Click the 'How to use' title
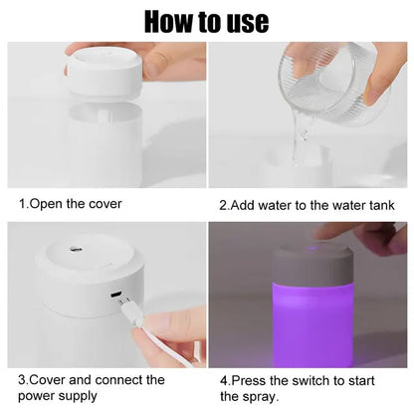(x=206, y=21)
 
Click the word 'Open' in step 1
(x=52, y=204)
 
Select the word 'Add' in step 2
(x=245, y=205)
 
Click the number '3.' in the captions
(x=24, y=380)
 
